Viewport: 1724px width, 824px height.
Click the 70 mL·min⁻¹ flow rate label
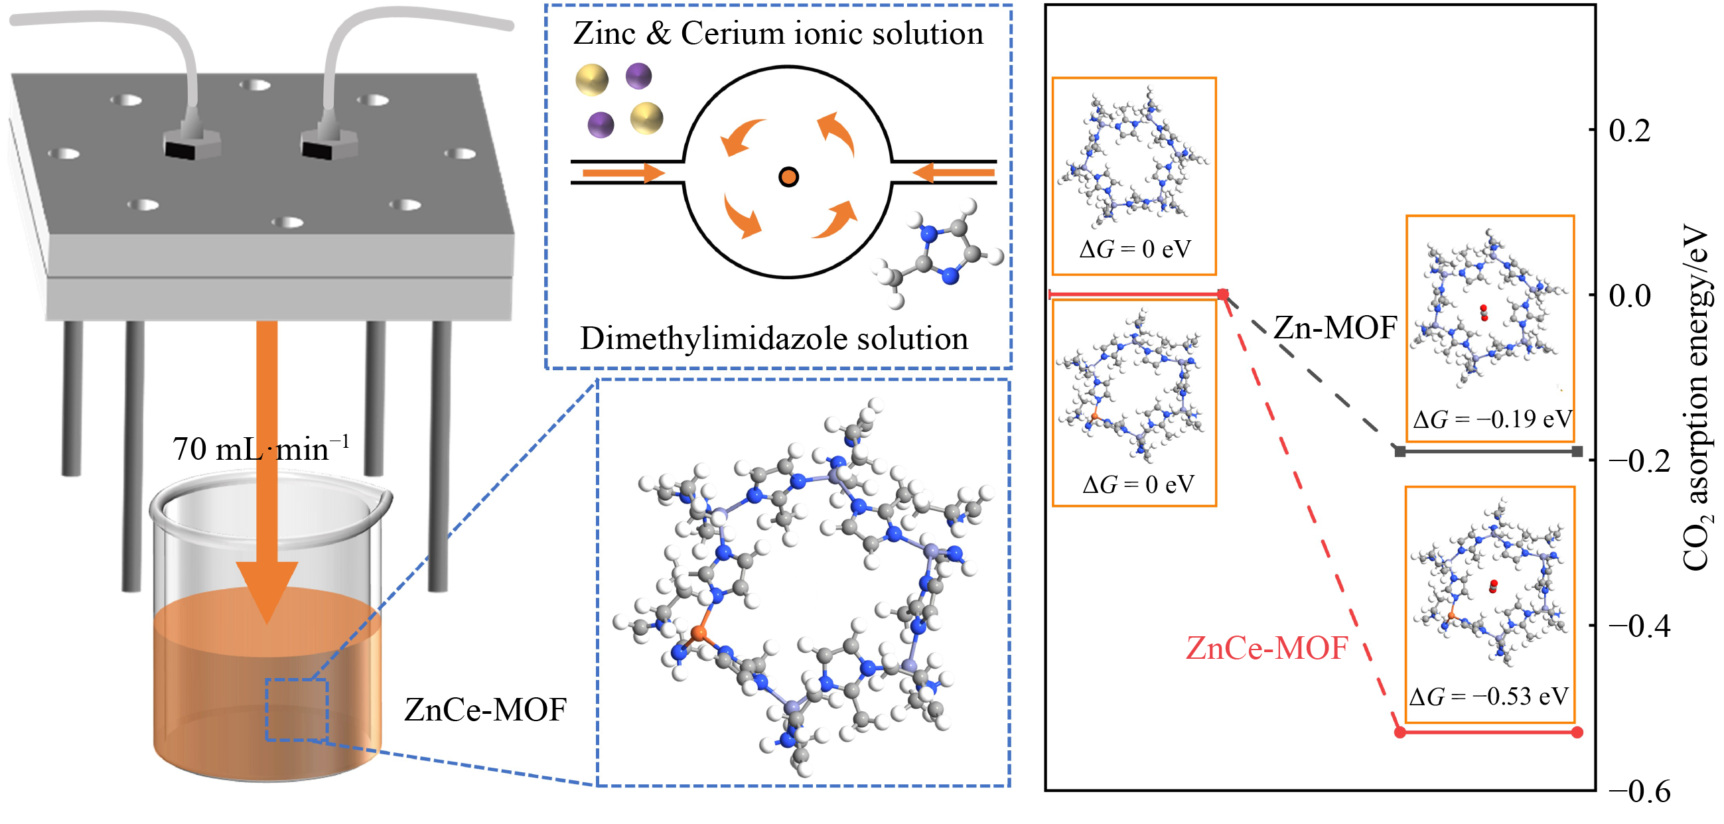coord(261,449)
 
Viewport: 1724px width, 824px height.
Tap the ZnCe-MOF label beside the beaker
coord(485,709)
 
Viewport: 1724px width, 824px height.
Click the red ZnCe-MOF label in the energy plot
coord(1266,648)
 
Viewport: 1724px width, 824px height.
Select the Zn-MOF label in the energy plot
coord(1335,328)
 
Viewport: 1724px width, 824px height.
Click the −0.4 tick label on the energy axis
coord(1638,626)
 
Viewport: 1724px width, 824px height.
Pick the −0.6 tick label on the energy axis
coord(1638,791)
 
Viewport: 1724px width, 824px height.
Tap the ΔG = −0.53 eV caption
coord(1488,697)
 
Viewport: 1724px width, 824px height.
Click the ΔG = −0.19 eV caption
coord(1492,420)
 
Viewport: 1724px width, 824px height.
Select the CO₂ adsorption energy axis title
coord(1697,398)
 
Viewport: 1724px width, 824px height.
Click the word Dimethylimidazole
coord(714,339)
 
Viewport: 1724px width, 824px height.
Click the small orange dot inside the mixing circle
coord(788,176)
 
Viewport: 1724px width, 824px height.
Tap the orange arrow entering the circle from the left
coord(623,173)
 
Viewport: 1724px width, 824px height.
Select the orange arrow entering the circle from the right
coord(953,173)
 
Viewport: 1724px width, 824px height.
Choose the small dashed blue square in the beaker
coord(297,709)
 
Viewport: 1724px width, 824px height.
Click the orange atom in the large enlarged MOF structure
coord(699,632)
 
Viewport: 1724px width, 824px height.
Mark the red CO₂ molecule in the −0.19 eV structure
coord(1484,312)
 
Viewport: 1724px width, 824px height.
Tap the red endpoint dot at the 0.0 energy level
coord(1223,295)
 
